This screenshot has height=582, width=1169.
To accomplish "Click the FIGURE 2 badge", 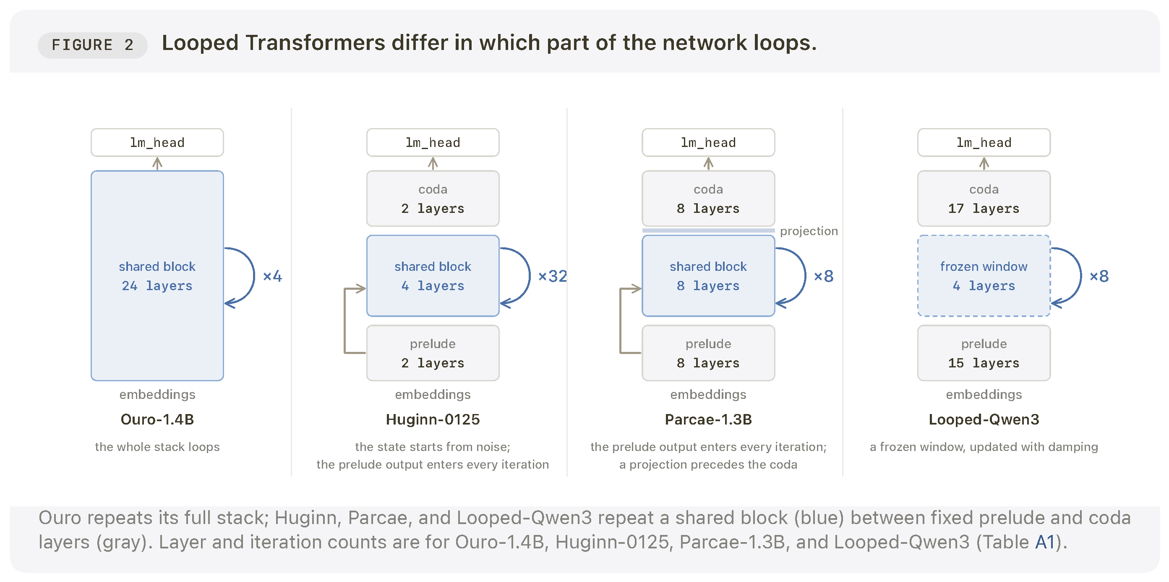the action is pos(93,45).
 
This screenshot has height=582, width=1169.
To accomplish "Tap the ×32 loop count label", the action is pos(552,276).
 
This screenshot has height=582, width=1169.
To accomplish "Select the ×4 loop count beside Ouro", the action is pos(272,276).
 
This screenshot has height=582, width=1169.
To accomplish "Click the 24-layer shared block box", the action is pos(157,275).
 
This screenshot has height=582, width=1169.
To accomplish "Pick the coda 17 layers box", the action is pos(984,198).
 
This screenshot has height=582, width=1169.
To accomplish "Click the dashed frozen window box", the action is pos(984,275).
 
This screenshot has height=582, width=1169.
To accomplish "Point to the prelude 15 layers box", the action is pos(984,353).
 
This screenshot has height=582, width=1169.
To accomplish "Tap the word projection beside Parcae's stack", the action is pos(809,231).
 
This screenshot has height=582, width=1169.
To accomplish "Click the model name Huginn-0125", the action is pos(433,419).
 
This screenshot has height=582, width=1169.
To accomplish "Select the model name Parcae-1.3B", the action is pos(708,419).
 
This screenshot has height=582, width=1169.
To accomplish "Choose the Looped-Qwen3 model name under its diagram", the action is pos(984,419).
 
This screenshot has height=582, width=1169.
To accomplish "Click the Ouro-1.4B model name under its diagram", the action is pos(157,419).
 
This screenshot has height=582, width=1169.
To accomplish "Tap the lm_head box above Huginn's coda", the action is pos(433,142).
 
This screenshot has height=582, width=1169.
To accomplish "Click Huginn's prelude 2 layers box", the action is pos(433,353).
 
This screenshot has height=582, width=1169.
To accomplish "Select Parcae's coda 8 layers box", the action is pos(708,198).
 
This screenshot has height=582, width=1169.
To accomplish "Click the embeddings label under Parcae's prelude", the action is pos(708,394).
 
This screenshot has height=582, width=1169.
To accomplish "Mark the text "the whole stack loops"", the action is pos(157,447).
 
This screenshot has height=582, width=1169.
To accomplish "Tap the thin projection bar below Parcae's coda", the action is pos(708,231).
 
